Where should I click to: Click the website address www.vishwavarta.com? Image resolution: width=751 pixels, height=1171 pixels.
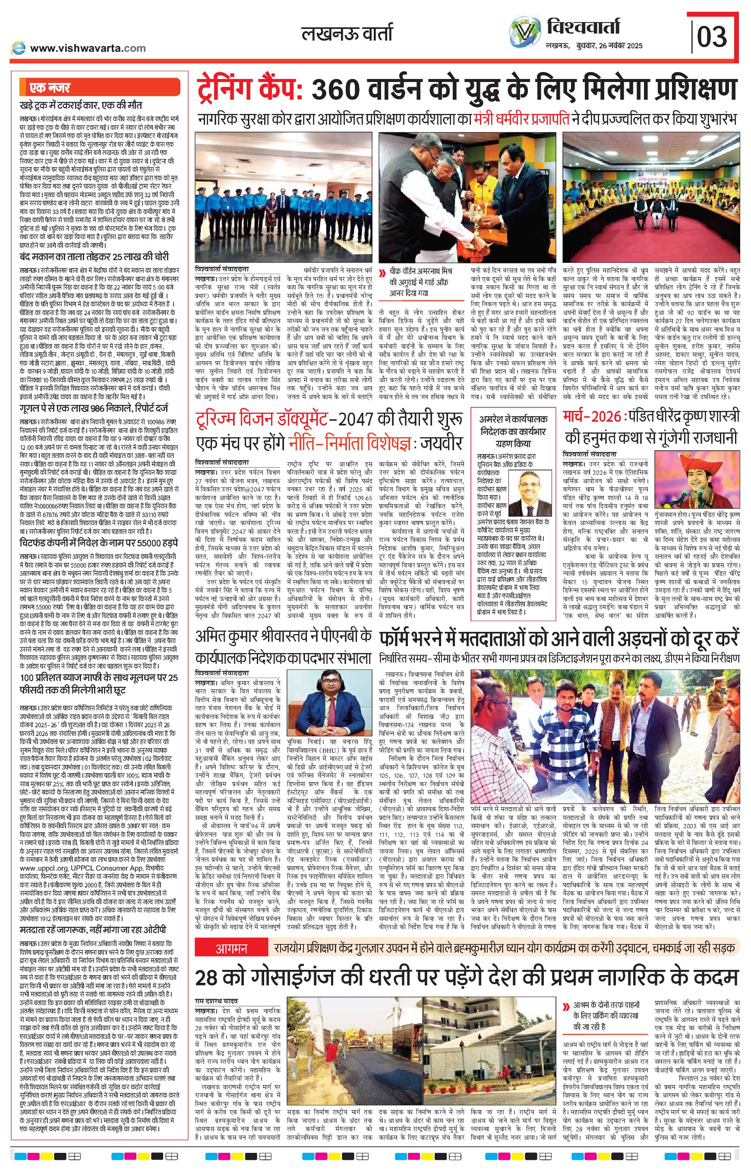point(87,48)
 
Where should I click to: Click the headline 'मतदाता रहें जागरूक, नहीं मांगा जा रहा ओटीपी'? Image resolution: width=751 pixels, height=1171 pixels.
point(93,916)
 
